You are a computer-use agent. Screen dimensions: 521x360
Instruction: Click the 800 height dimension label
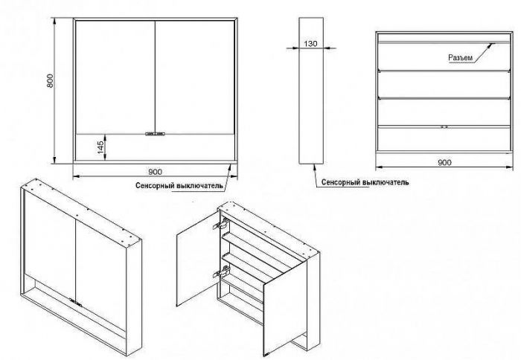pyautogui.click(x=50, y=80)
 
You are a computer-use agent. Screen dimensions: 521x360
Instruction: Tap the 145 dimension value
pyautogui.click(x=101, y=147)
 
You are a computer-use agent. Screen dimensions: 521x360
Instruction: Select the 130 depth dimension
pyautogui.click(x=310, y=43)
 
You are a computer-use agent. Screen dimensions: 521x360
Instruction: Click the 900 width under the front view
pyautogui.click(x=155, y=172)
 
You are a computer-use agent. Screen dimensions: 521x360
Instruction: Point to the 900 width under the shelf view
pyautogui.click(x=444, y=162)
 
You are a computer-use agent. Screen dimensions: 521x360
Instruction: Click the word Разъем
pyautogui.click(x=460, y=58)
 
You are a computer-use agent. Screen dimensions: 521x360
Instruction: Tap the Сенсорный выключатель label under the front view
pyautogui.click(x=179, y=186)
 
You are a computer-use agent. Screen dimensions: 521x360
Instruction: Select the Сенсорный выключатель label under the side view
pyautogui.click(x=365, y=182)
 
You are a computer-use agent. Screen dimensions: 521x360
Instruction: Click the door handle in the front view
pyautogui.click(x=155, y=134)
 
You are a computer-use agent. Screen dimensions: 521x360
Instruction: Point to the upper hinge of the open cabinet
pyautogui.click(x=220, y=224)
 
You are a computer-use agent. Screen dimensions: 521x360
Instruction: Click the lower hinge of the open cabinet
pyautogui.click(x=222, y=272)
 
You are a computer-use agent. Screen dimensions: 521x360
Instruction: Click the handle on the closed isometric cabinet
pyautogui.click(x=76, y=301)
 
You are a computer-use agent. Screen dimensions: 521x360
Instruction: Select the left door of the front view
pyautogui.click(x=115, y=77)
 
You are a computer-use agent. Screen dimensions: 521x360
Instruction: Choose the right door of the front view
pyautogui.click(x=195, y=77)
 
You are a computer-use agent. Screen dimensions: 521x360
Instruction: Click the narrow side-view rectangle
pyautogui.click(x=311, y=91)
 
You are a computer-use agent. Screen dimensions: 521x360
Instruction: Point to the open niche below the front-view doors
pyautogui.click(x=155, y=147)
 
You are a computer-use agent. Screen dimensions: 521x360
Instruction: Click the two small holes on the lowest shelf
pyautogui.click(x=444, y=127)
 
